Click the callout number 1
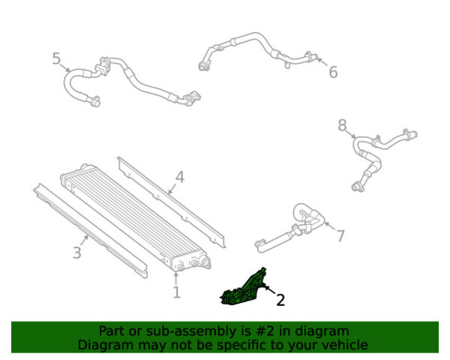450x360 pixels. pyautogui.click(x=177, y=292)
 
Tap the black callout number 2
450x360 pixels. pyautogui.click(x=280, y=300)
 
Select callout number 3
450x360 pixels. pyautogui.click(x=77, y=253)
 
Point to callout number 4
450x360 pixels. pyautogui.click(x=180, y=177)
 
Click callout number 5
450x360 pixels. pyautogui.click(x=56, y=58)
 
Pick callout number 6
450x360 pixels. pyautogui.click(x=333, y=72)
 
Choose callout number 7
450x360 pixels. pyautogui.click(x=340, y=236)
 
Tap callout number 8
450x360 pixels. pyautogui.click(x=343, y=125)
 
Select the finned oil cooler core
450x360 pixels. pyautogui.click(x=135, y=218)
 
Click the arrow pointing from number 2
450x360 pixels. pyautogui.click(x=271, y=289)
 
